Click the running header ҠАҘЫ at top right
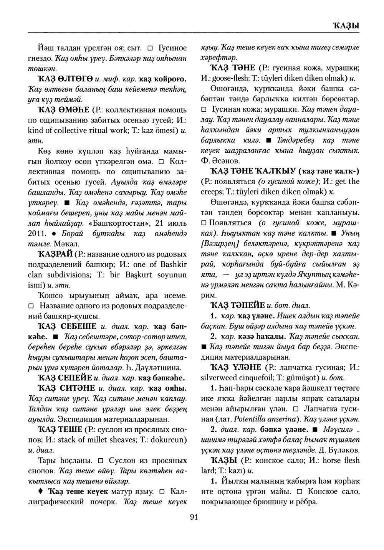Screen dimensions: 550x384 click(x=346, y=26)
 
